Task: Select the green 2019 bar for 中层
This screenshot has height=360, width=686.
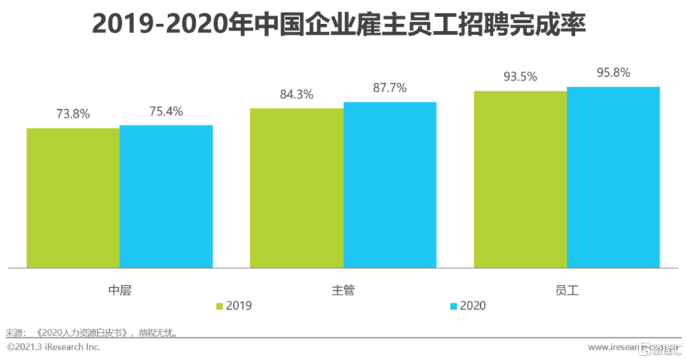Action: point(73,197)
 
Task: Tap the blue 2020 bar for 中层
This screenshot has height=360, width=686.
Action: point(166,196)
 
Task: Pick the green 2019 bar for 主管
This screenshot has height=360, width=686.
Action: point(297,187)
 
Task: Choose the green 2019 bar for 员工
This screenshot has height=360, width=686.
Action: point(520,179)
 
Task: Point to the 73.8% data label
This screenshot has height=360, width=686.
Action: point(73,114)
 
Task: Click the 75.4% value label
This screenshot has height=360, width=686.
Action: point(166,112)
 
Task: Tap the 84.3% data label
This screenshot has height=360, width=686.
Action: point(297,95)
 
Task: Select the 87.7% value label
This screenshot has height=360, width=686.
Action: point(389,88)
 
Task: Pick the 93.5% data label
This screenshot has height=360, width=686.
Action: point(520,77)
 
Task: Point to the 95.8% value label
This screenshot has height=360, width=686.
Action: point(614,73)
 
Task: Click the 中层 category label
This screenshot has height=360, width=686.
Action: point(119,291)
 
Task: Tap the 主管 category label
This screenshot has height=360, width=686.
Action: point(343,291)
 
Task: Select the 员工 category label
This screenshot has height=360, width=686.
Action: point(567,291)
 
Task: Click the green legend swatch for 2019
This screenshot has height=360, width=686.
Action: point(220,306)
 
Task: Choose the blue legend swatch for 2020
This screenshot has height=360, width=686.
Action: point(453,306)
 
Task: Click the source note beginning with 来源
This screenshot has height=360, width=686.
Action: point(91,332)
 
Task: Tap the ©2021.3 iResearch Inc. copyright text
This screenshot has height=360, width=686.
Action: point(53,347)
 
